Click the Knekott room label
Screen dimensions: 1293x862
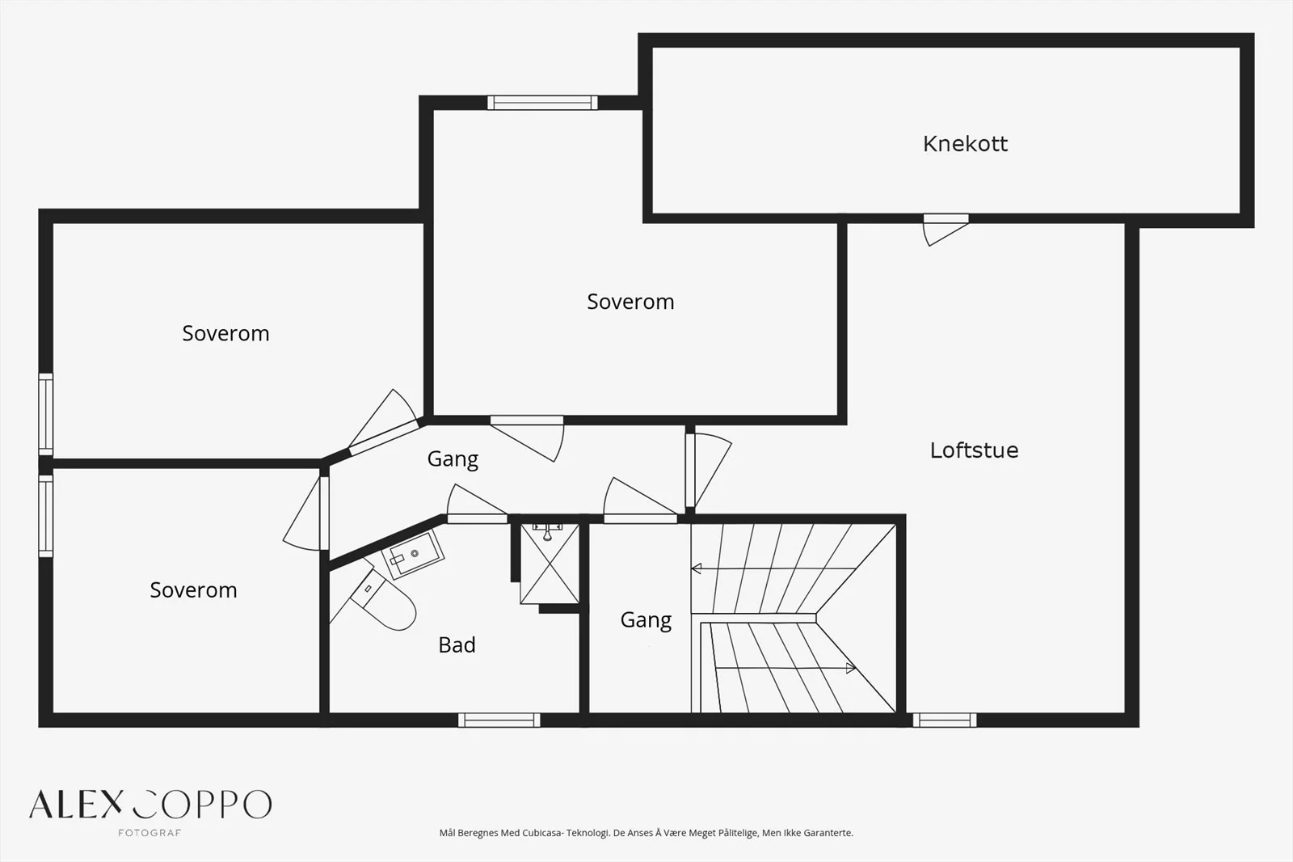click(x=965, y=144)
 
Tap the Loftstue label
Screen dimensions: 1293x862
click(x=974, y=450)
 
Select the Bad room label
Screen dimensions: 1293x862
click(x=457, y=644)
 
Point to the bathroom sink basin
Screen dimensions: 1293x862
click(x=412, y=555)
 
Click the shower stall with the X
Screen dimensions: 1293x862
click(x=550, y=564)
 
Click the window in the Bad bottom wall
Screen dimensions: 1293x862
click(x=499, y=720)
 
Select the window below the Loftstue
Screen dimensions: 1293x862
click(x=945, y=720)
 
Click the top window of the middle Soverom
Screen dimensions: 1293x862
click(x=542, y=103)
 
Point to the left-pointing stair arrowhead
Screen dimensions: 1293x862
click(x=696, y=568)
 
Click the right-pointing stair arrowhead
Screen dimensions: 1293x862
click(x=850, y=669)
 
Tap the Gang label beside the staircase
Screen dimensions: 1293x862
click(x=646, y=620)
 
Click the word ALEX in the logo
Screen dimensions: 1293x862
click(x=76, y=805)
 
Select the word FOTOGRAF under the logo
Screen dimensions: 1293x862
click(x=150, y=833)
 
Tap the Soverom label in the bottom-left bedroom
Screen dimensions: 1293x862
click(x=193, y=590)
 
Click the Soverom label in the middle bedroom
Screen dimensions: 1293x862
click(x=630, y=302)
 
